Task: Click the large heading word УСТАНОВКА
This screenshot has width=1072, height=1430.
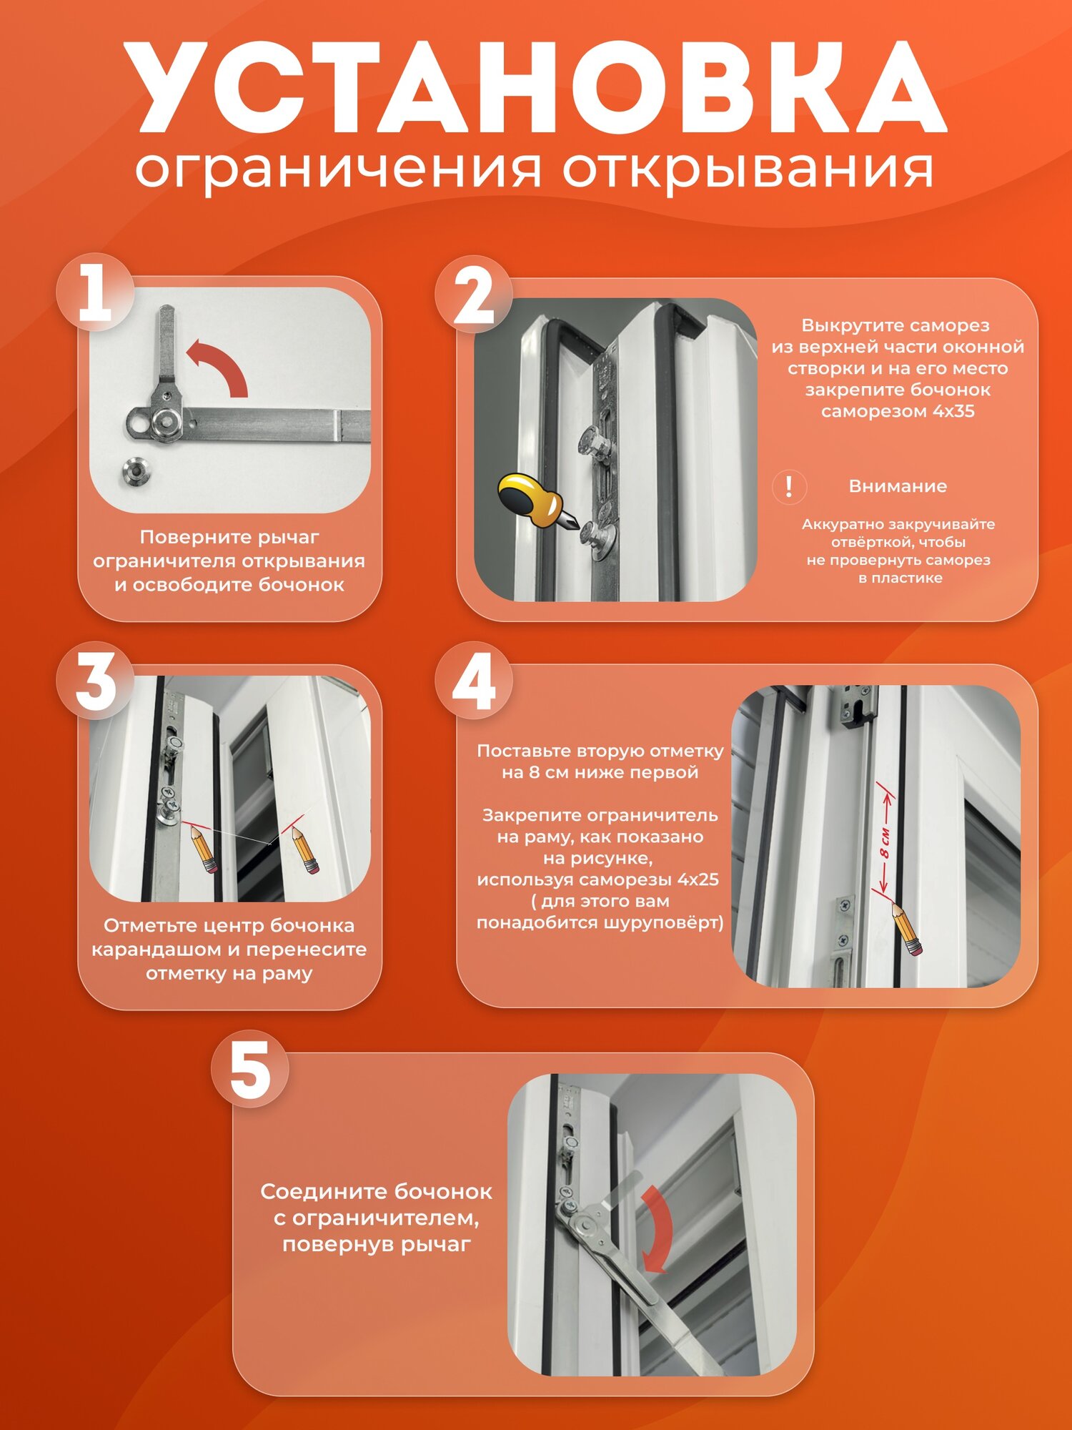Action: pos(536,87)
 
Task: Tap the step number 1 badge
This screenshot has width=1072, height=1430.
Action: pos(95,292)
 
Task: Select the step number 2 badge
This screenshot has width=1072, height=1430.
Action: pos(474,295)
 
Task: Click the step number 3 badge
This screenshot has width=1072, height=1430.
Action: pos(95,680)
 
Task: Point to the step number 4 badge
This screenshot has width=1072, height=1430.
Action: pos(474,680)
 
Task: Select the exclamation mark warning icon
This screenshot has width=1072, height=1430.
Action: pos(789,487)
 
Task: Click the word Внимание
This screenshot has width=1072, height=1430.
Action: pos(898,486)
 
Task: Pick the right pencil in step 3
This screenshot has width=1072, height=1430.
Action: pos(305,849)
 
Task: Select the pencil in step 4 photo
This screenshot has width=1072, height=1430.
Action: pos(906,929)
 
